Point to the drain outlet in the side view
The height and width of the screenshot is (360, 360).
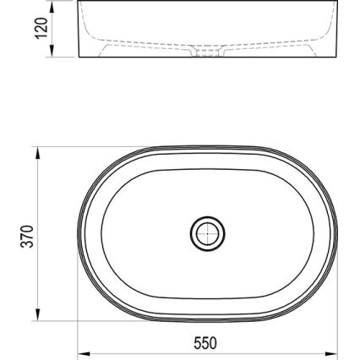click(206, 52)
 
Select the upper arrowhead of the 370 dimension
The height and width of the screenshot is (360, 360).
click(39, 151)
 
